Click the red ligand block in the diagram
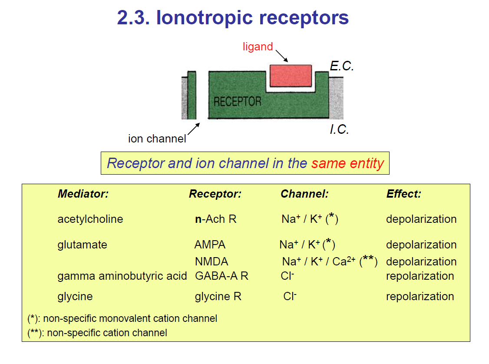[x=291, y=76]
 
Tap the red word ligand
[x=258, y=47]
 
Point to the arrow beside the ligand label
[x=282, y=56]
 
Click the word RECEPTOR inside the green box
[x=237, y=101]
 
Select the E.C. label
[x=342, y=66]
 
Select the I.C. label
[x=339, y=129]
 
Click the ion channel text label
[x=157, y=139]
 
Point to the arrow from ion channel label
[x=194, y=129]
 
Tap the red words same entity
[x=347, y=163]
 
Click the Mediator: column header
[x=83, y=194]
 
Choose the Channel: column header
[x=305, y=194]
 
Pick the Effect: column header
[x=404, y=194]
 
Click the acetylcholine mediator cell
[x=90, y=219]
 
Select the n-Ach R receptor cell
[x=216, y=219]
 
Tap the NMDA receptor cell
[x=211, y=261]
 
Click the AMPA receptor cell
[x=210, y=245]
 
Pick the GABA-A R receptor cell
[x=221, y=276]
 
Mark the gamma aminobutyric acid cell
[x=122, y=276]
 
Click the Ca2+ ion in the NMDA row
[x=344, y=261]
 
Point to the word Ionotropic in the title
[x=204, y=17]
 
